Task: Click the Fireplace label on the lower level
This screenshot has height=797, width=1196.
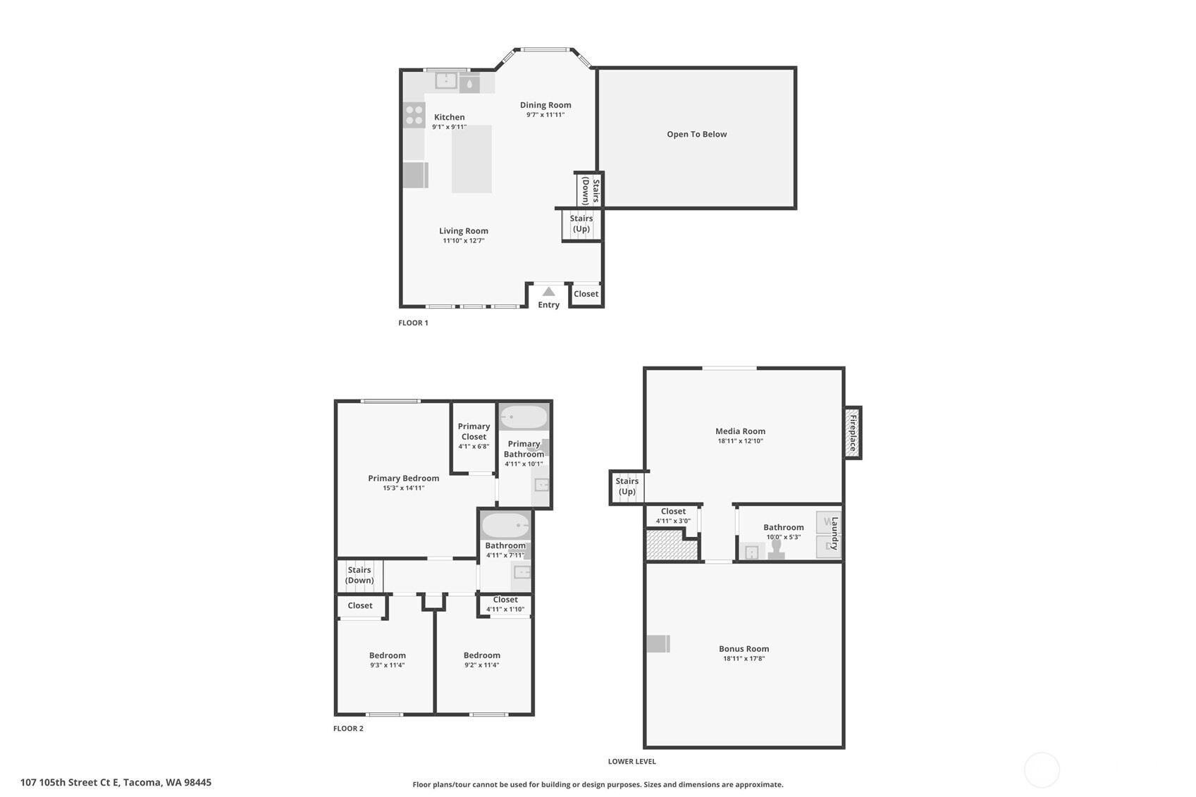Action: pos(853,433)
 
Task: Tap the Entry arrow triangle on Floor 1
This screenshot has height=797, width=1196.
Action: pos(548,292)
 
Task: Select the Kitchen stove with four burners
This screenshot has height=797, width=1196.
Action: pos(414,115)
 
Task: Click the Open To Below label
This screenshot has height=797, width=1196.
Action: pos(696,134)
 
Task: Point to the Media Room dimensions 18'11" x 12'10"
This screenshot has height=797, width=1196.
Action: pos(740,441)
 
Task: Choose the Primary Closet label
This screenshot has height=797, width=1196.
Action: pos(474,431)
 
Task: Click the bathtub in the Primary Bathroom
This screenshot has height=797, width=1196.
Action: pos(523,418)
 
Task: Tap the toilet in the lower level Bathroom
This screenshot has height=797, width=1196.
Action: pos(776,548)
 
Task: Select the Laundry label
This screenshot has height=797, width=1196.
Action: pos(835,533)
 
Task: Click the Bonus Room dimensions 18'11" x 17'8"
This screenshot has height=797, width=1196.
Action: pos(744,659)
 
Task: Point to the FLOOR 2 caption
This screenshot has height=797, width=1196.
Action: pos(348,729)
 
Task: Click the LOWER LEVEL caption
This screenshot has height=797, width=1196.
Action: pos(631,762)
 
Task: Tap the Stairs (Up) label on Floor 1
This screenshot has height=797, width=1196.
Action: pos(581,223)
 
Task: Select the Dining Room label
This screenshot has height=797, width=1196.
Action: pos(545,105)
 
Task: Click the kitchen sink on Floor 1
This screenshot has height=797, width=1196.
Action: pos(446,81)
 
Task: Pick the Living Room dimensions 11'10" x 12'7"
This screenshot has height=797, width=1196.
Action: pos(463,241)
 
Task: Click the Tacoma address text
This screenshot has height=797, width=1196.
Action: pos(116,782)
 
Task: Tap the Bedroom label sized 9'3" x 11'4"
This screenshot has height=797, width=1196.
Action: pos(387,655)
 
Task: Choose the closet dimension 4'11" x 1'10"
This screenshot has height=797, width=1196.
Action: pos(505,610)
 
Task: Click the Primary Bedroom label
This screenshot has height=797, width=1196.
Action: pos(403,478)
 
